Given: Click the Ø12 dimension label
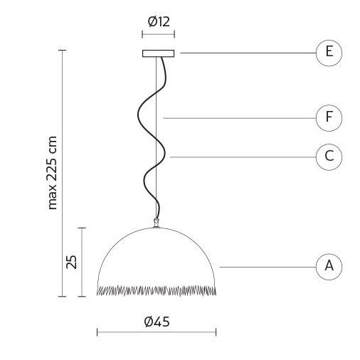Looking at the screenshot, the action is [x=159, y=21].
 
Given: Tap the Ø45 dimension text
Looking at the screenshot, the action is [x=157, y=322].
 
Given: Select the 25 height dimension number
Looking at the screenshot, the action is [x=72, y=262].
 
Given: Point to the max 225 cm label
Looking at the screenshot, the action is [x=52, y=173].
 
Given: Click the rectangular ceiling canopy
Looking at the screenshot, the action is [x=158, y=53].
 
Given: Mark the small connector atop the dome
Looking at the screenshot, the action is [x=156, y=223].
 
